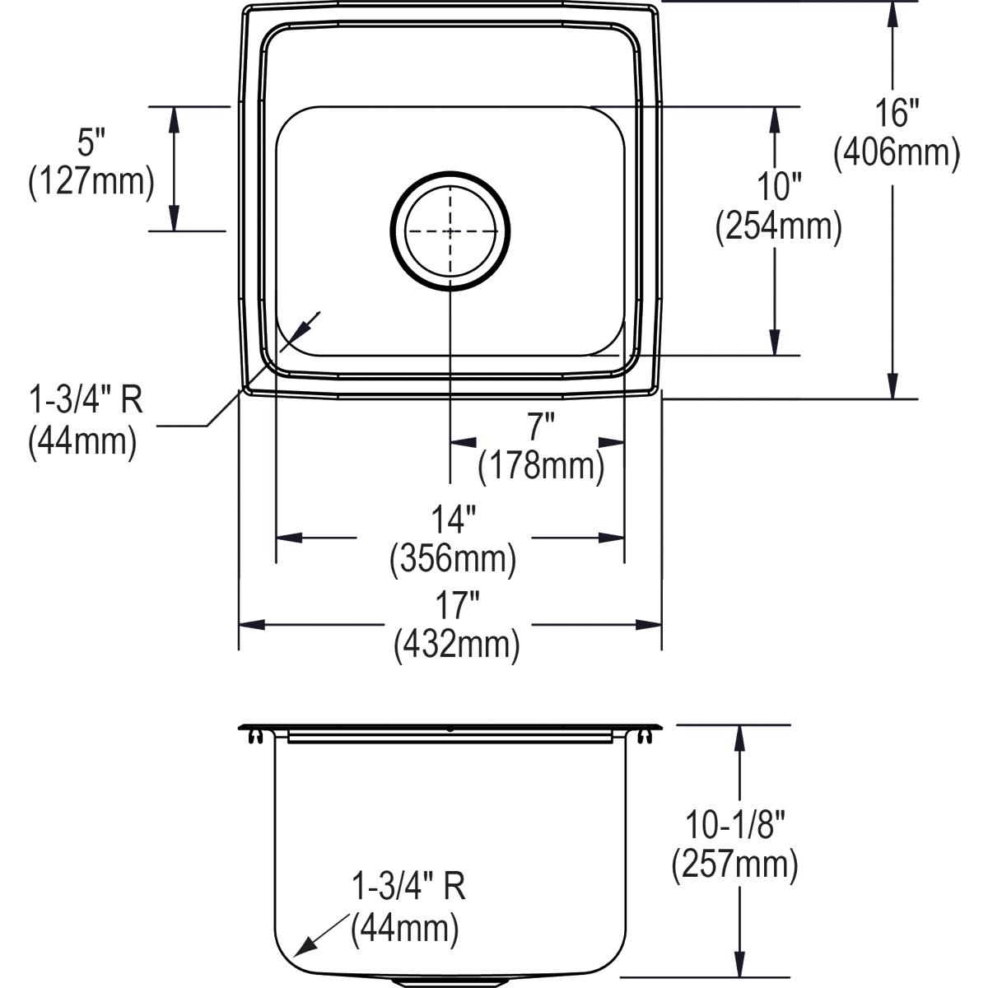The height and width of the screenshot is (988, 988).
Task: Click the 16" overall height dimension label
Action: (897, 113)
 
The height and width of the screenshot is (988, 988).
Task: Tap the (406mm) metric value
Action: (897, 153)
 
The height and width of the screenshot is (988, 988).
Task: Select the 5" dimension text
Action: (86, 143)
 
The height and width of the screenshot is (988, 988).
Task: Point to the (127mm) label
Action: (91, 182)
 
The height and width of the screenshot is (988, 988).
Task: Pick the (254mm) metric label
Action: (779, 227)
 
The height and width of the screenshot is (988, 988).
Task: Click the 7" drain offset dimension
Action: (541, 427)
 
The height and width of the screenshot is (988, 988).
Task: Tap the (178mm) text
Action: (541, 466)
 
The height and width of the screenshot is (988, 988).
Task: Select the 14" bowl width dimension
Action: (454, 520)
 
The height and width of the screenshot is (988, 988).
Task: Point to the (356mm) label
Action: (453, 559)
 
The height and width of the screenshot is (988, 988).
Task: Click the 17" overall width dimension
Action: (457, 607)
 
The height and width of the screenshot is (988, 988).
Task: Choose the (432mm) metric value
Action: (457, 645)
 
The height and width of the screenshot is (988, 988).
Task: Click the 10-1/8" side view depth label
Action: (735, 824)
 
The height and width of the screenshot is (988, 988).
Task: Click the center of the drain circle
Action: (450, 231)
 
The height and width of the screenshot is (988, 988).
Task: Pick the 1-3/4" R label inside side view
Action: (408, 888)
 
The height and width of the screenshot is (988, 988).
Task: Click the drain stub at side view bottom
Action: (449, 982)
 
